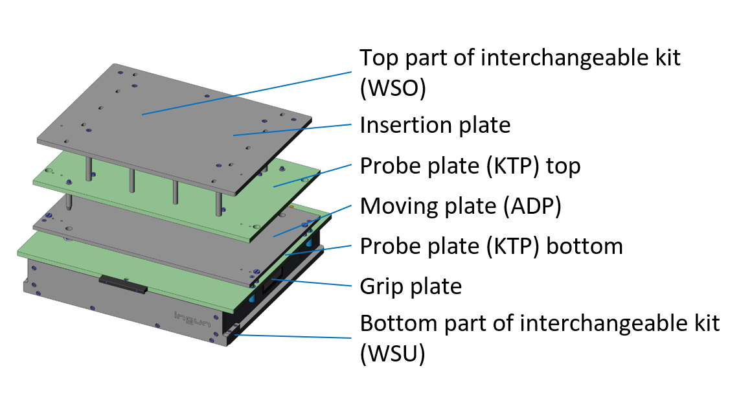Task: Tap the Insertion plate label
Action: click(435, 125)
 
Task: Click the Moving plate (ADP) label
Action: click(461, 207)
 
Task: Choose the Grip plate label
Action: click(411, 286)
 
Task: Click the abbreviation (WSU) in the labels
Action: click(393, 354)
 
